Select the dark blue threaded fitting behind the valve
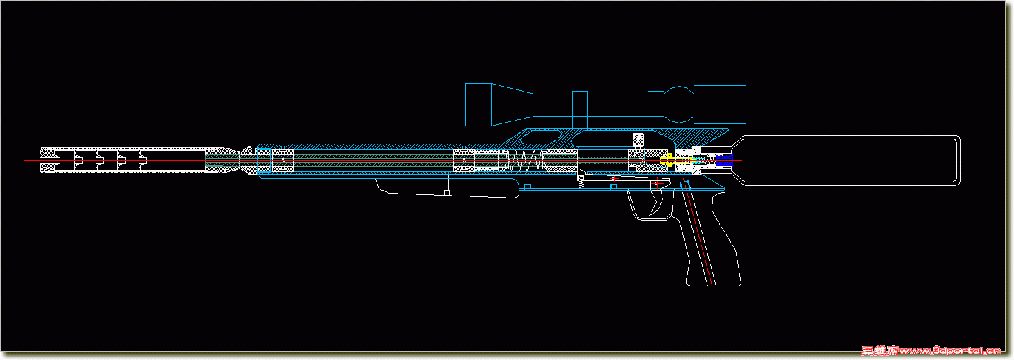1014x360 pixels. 725,161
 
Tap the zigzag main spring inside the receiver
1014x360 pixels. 531,162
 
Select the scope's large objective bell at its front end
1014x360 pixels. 479,105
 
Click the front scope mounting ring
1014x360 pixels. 580,110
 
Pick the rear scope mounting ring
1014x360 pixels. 655,110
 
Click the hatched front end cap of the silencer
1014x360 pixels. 49,161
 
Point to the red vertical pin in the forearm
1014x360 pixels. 447,185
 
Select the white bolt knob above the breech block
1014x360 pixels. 637,139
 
